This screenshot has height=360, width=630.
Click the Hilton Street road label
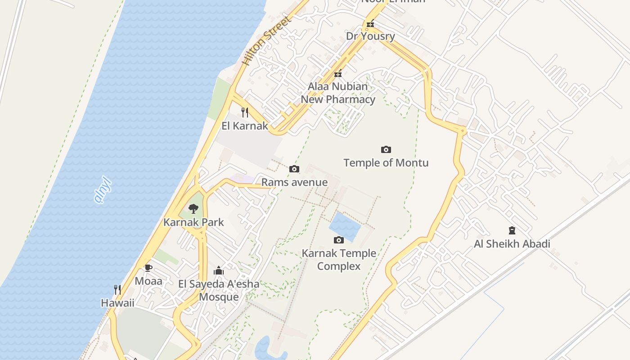point(267,41)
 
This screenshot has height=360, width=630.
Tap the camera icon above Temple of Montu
point(386,149)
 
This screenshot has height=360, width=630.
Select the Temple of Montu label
point(386,162)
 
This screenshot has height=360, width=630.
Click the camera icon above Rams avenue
point(294,169)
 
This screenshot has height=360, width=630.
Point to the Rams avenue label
point(294,182)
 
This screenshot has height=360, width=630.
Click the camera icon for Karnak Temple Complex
point(339,240)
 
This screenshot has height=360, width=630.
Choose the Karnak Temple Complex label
point(339,260)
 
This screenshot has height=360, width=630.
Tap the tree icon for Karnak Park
point(193,209)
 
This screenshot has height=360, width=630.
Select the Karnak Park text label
point(193,222)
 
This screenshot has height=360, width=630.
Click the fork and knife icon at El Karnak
point(245,112)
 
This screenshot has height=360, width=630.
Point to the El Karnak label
point(245,126)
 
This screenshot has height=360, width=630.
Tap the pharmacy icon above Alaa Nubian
point(338,73)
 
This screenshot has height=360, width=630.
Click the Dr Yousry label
point(370,36)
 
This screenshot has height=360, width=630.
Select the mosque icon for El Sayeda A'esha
point(219,270)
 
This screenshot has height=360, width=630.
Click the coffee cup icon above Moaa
point(148,268)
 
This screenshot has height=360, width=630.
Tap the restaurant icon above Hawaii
point(117,289)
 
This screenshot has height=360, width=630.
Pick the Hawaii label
point(117,303)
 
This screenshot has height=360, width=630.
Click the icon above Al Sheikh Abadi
point(512,230)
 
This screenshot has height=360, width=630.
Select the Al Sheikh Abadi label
point(512,244)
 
